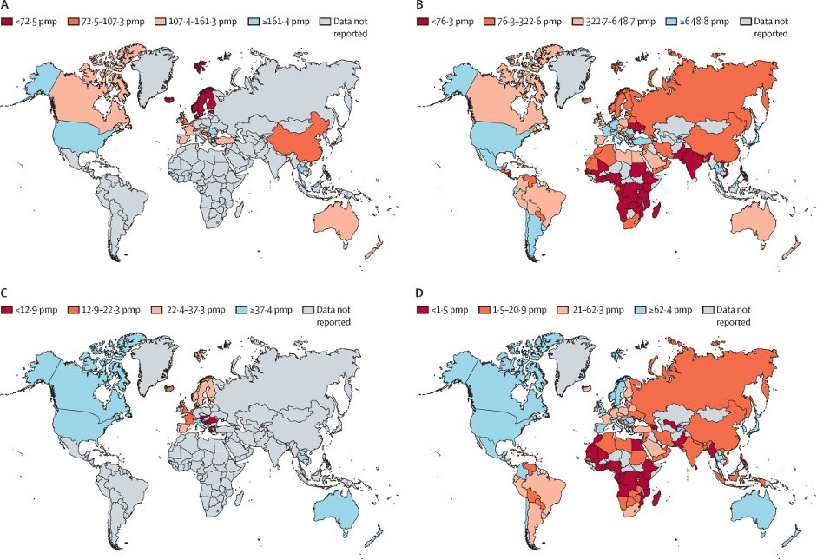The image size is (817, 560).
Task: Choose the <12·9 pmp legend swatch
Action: (x=8, y=308)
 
